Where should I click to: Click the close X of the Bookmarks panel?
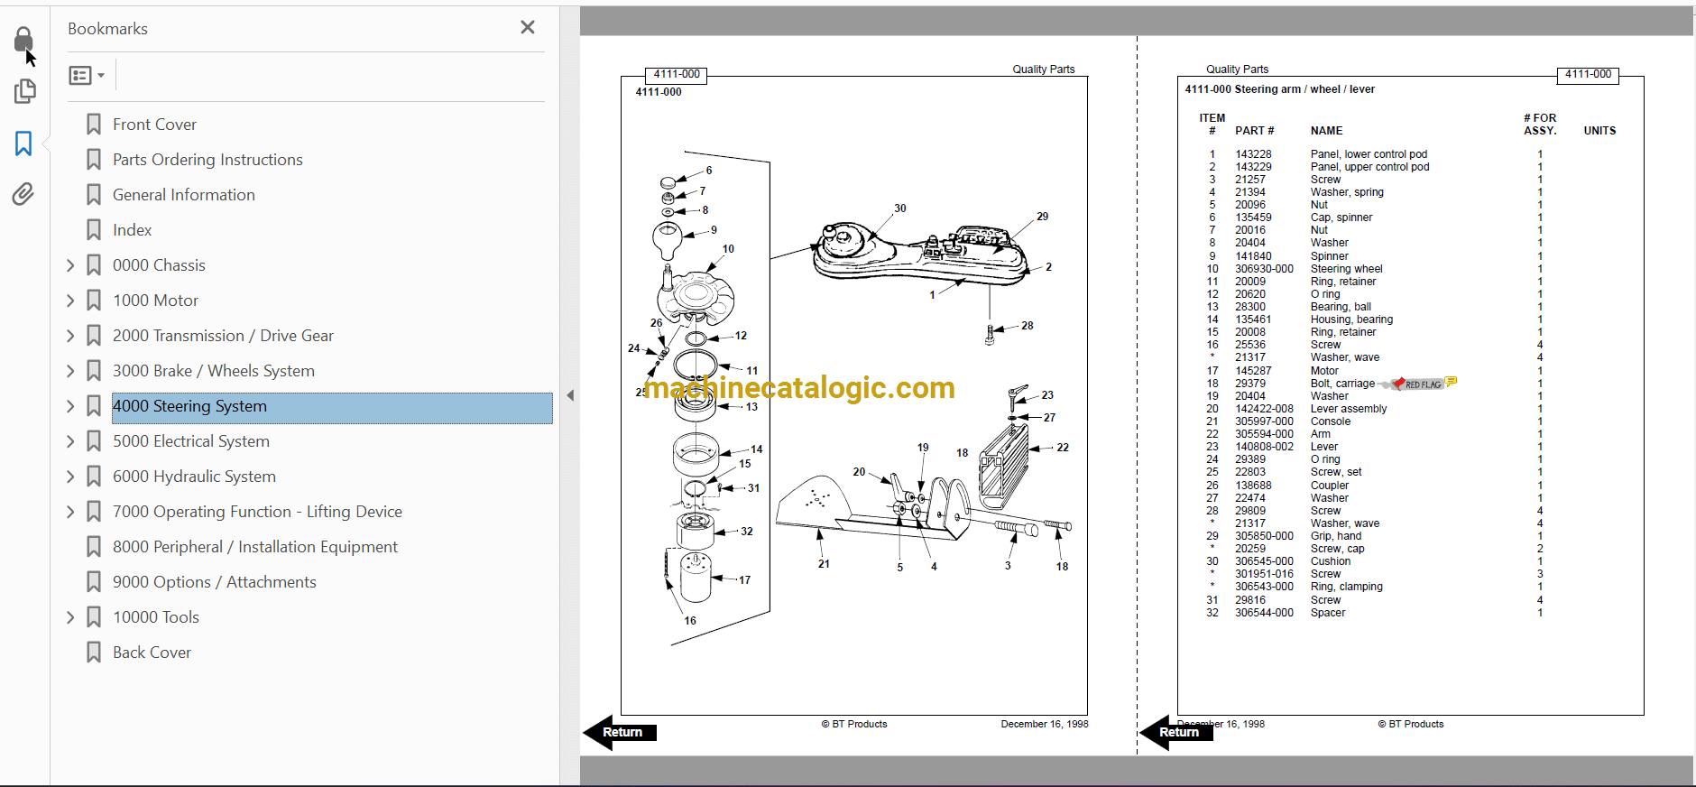(x=528, y=27)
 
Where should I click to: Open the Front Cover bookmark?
(x=154, y=125)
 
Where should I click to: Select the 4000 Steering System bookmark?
(x=189, y=406)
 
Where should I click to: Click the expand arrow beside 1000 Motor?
(x=70, y=301)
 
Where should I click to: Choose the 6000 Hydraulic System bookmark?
(x=194, y=477)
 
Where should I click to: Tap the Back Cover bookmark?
(x=152, y=653)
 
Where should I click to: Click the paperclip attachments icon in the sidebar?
(x=23, y=194)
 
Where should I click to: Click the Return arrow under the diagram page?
(x=620, y=732)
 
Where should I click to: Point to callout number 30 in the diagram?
(x=900, y=208)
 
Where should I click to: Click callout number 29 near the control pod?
(x=1043, y=217)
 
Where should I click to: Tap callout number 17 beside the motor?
(x=744, y=580)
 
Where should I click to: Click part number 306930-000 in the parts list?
(x=1264, y=269)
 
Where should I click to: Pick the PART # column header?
(x=1255, y=131)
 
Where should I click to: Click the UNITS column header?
(x=1599, y=131)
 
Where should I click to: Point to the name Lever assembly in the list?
(x=1349, y=409)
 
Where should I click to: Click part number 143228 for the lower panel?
(x=1253, y=154)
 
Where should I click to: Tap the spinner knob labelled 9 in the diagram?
(x=667, y=240)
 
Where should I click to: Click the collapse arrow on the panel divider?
(x=570, y=395)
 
